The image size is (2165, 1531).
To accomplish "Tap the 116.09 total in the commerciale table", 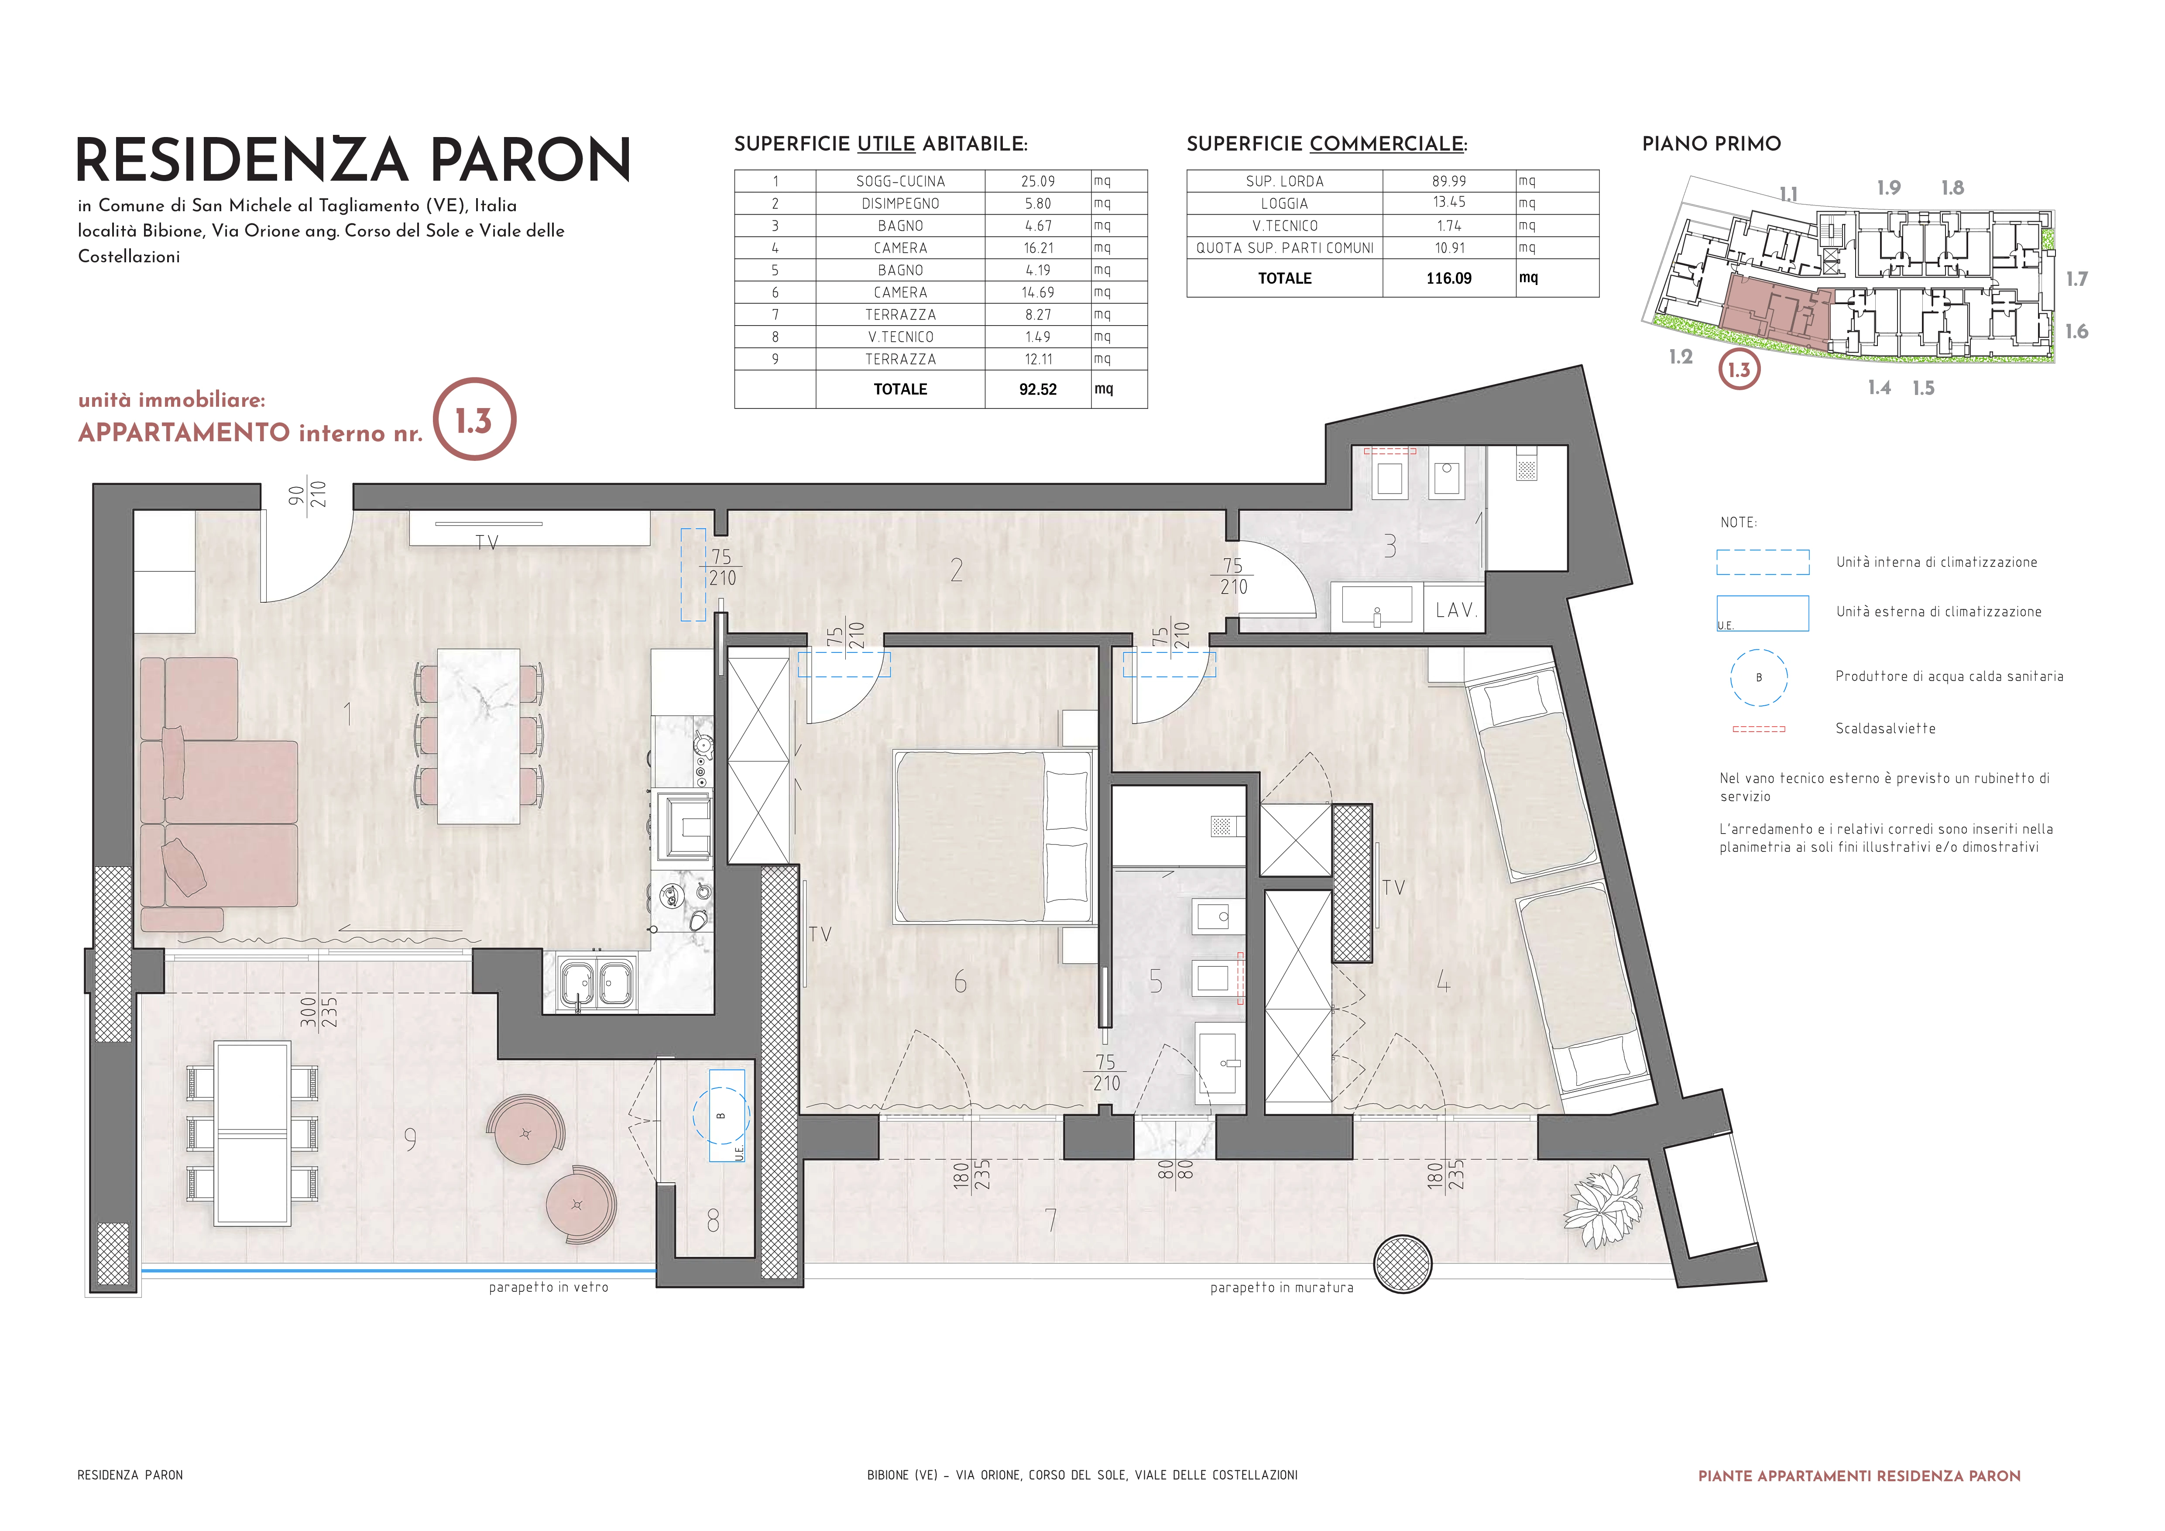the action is click(x=1448, y=278).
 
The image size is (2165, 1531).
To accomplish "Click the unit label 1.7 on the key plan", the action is click(x=2076, y=279).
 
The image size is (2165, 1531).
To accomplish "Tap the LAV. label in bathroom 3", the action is click(x=1455, y=610).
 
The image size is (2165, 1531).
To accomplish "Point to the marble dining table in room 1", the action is click(x=479, y=736).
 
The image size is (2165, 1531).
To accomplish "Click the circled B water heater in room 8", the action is click(x=721, y=1115).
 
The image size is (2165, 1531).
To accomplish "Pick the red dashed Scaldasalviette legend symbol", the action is click(x=1759, y=729).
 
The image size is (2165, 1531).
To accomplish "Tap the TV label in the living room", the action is click(x=487, y=542).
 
